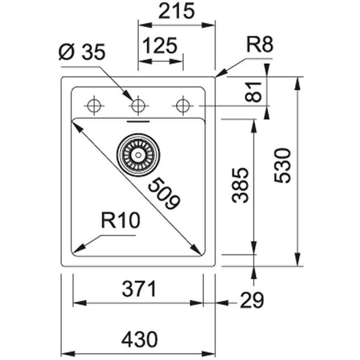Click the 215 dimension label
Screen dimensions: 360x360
pyautogui.click(x=176, y=11)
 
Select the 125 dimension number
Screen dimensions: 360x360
pyautogui.click(x=160, y=46)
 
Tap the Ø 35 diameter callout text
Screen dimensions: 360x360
pyautogui.click(x=82, y=52)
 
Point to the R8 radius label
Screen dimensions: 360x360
pyautogui.click(x=260, y=44)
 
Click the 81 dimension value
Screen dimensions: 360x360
pyautogui.click(x=254, y=92)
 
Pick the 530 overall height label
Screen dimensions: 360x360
pyautogui.click(x=283, y=166)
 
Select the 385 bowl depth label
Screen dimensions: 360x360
pyautogui.click(x=240, y=185)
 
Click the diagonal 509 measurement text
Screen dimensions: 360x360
pyautogui.click(x=164, y=194)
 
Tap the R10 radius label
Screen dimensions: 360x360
pyautogui.click(x=120, y=221)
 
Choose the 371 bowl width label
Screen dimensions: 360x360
pyautogui.click(x=139, y=289)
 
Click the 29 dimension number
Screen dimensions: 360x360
pyautogui.click(x=252, y=300)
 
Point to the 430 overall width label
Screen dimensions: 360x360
pyautogui.click(x=139, y=339)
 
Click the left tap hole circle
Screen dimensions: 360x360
pyautogui.click(x=94, y=106)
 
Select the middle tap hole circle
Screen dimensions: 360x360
pyautogui.click(x=138, y=106)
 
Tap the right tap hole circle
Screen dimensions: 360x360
pyautogui.click(x=183, y=106)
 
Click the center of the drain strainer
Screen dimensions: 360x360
pyautogui.click(x=138, y=155)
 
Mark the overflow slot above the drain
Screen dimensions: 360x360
pyautogui.click(x=139, y=121)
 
